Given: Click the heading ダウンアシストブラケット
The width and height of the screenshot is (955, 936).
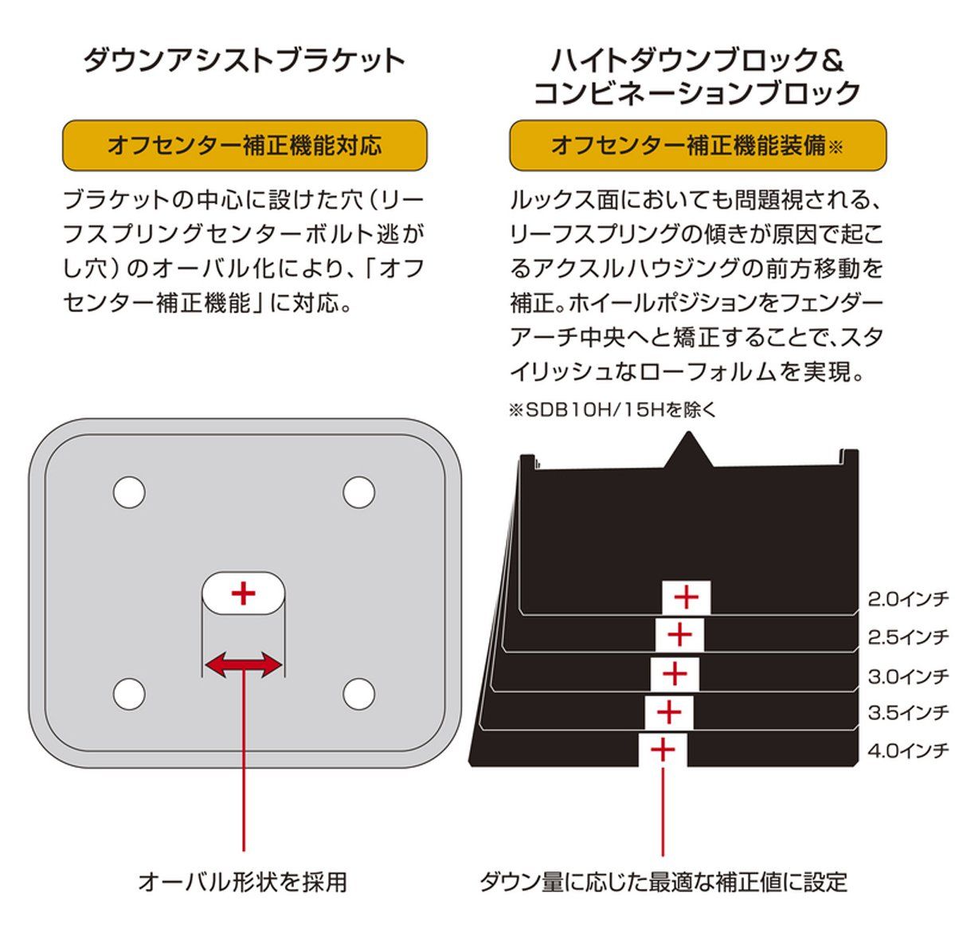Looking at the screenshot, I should (245, 61).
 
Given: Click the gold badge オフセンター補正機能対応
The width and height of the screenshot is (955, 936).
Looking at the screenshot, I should (245, 145).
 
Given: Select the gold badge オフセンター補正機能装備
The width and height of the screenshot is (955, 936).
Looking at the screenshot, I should (697, 145).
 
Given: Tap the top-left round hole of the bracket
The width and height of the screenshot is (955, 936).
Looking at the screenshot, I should (129, 492).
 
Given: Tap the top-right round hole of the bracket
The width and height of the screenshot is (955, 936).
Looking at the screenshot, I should (358, 492).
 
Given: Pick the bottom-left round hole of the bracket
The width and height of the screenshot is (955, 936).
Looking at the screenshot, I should (129, 693).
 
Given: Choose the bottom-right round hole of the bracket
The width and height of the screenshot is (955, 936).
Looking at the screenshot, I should (358, 693).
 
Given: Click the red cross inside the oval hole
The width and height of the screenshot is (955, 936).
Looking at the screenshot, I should (243, 593).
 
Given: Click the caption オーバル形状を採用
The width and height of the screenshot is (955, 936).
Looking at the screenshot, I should (243, 883).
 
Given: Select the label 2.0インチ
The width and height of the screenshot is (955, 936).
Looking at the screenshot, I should (908, 599).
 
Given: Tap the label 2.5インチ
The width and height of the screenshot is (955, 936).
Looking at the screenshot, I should (908, 637).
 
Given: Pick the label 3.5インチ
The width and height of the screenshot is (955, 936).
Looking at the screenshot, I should (908, 713).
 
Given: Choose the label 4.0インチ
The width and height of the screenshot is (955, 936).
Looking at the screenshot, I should (908, 750).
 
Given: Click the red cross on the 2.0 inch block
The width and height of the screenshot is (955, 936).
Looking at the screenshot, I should (686, 597).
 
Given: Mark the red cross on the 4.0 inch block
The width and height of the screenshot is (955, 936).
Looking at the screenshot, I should (663, 750).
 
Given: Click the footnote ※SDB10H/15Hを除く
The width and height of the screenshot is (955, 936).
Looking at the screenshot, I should (612, 410).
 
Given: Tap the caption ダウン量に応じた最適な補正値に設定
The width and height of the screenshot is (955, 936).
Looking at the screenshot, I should (663, 883).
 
